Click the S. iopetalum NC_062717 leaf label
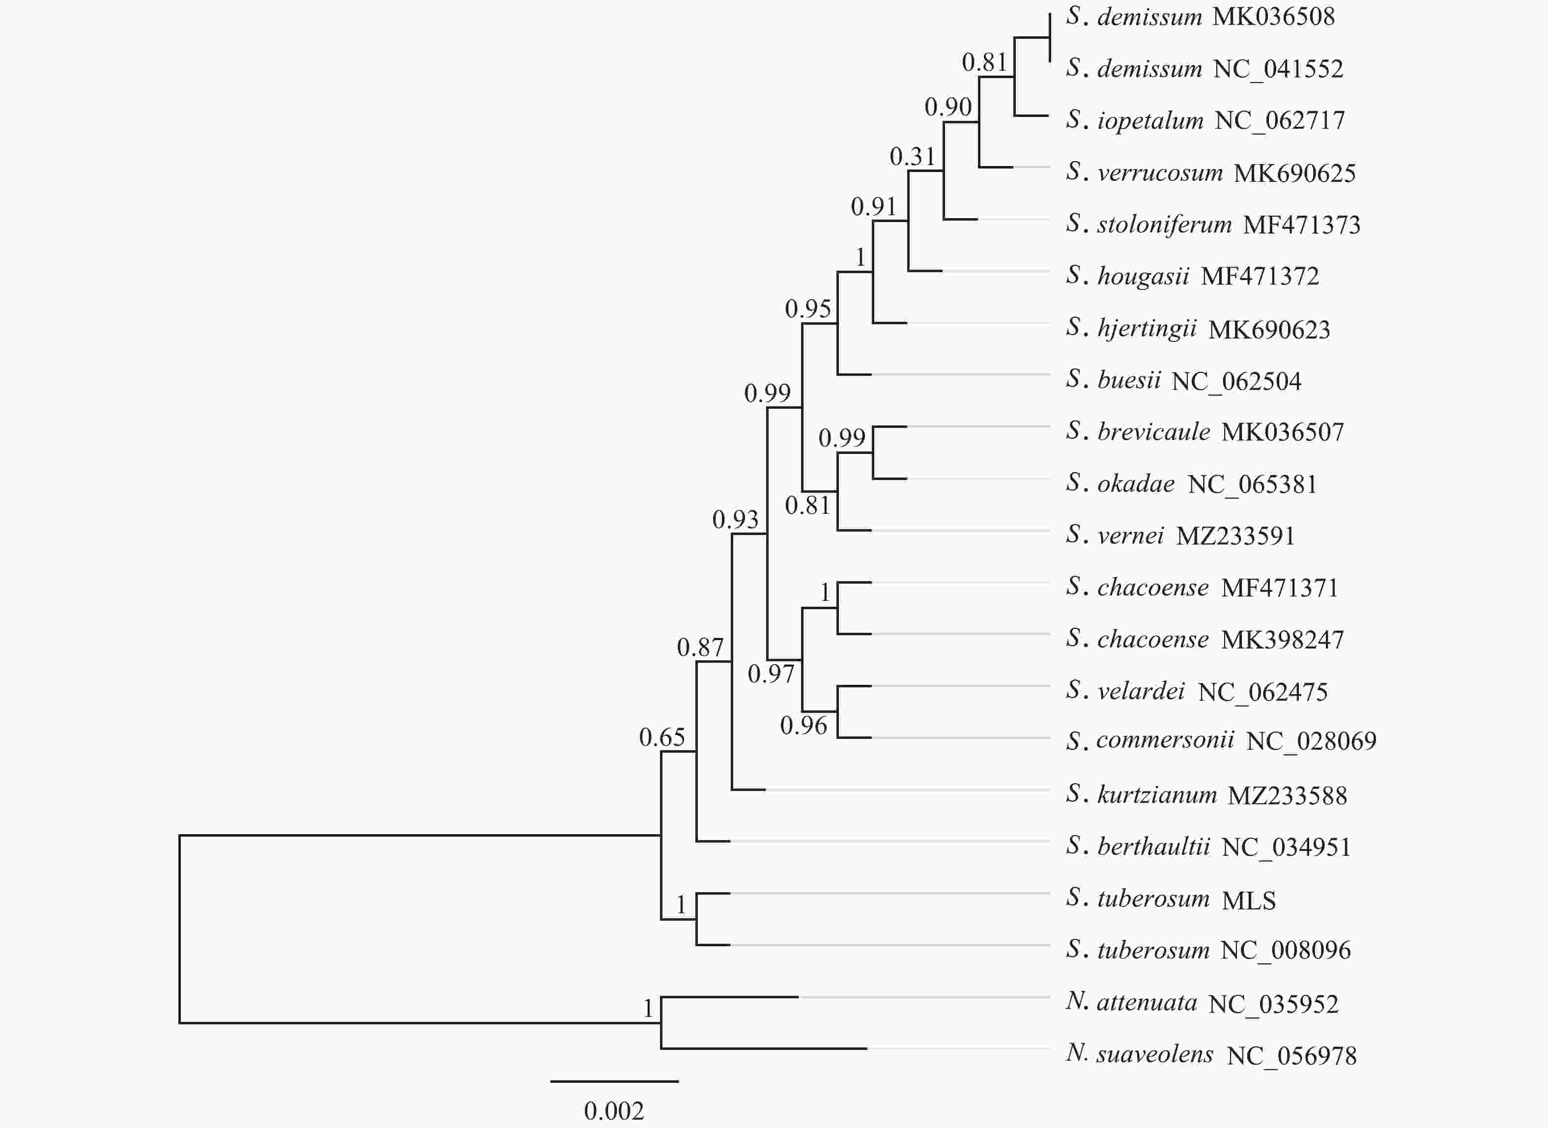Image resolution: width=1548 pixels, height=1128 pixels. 1205,121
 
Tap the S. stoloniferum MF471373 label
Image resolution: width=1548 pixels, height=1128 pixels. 1213,225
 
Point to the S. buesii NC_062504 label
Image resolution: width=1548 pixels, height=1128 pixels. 1183,380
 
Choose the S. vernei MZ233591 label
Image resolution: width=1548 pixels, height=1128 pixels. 1180,536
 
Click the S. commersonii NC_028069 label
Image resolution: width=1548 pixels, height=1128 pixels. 1221,741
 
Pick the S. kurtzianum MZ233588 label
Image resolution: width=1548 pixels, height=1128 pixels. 1206,795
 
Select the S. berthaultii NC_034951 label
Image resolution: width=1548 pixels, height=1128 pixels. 1208,846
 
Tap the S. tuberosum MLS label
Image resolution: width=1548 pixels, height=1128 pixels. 1171,899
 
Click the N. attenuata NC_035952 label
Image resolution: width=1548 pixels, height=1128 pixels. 1202,1003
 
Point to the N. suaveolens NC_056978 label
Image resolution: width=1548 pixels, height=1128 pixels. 1211,1055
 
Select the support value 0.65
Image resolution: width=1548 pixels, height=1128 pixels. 661,737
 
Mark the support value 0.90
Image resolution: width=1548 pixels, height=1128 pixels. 948,107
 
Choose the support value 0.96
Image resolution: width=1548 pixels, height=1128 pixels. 803,726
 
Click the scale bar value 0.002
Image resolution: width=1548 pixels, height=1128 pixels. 614,1111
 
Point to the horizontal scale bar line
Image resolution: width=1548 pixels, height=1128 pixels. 615,1081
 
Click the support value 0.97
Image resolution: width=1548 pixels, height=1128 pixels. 771,675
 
